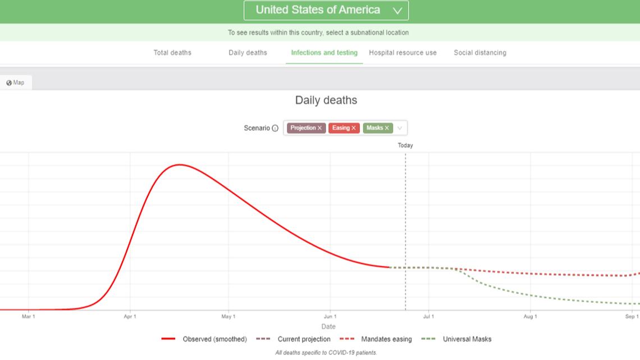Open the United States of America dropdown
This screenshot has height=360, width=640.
pos(326,10)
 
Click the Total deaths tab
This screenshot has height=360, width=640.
pos(172,53)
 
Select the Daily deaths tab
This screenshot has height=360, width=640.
pos(248,53)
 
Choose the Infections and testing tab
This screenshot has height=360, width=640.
pos(324,53)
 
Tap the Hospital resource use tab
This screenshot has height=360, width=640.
pos(403,53)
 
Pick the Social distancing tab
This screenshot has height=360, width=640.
pos(480,53)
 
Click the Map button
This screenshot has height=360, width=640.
pos(16,83)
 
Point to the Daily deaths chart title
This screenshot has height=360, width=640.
pos(326,101)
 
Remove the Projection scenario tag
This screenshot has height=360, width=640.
pos(320,128)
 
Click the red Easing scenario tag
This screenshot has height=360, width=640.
pos(341,128)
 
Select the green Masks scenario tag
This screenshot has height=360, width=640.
pos(374,128)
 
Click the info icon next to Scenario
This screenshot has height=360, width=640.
pos(275,128)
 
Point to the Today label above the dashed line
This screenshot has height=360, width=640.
pos(405,145)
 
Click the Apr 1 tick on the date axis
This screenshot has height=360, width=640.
pos(130,317)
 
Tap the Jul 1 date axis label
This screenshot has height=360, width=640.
pos(428,317)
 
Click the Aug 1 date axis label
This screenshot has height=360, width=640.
pos(530,317)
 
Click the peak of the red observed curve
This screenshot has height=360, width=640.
pos(179,165)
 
